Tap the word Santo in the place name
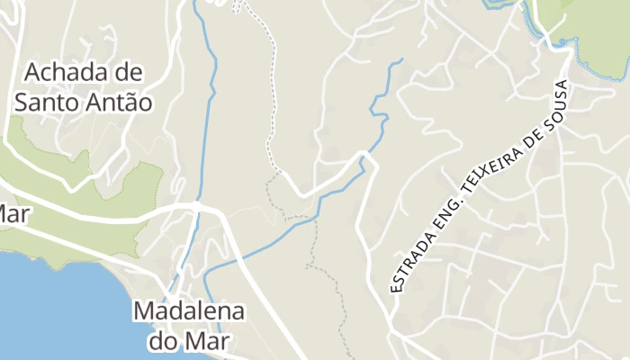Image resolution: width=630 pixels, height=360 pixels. click(48, 101)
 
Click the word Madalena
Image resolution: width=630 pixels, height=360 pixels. click(189, 311)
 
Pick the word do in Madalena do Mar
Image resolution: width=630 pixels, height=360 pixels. click(163, 341)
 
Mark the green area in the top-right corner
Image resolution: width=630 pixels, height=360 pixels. click(594, 27)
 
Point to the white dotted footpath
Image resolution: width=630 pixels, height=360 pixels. click(270, 90)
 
